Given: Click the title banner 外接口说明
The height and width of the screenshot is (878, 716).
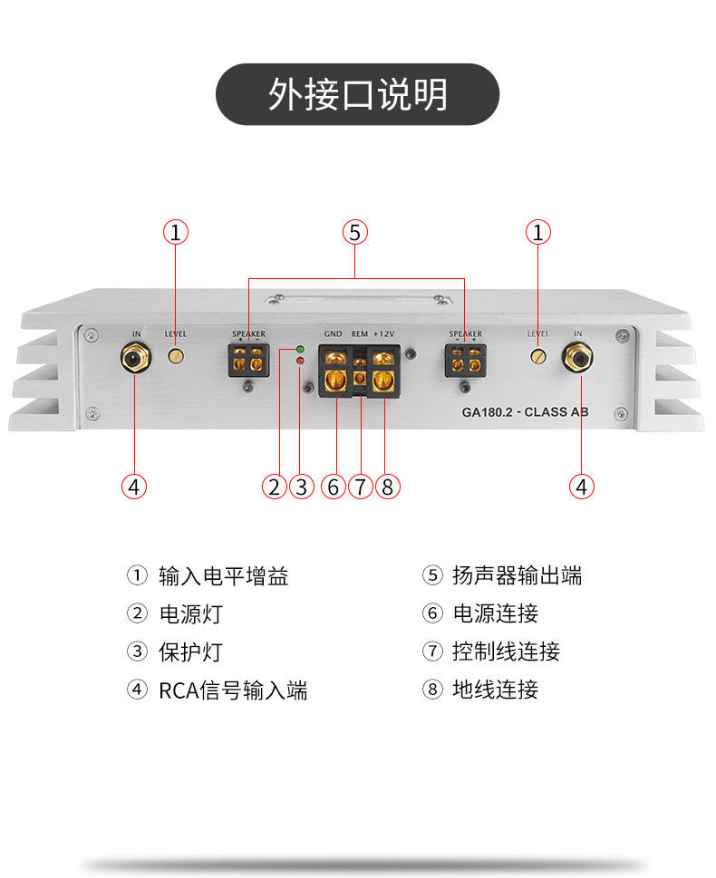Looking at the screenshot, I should pyautogui.click(x=357, y=94).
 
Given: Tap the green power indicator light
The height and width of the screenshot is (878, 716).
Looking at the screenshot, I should pyautogui.click(x=300, y=349).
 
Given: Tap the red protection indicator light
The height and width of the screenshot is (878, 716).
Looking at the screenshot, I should pyautogui.click(x=300, y=362).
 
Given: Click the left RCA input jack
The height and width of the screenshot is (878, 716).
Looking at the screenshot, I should pyautogui.click(x=135, y=360).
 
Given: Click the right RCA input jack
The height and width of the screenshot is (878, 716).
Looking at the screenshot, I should pyautogui.click(x=577, y=359).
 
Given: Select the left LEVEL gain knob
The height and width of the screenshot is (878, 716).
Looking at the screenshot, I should pyautogui.click(x=177, y=356).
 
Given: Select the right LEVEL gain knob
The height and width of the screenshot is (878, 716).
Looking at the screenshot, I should pyautogui.click(x=538, y=356).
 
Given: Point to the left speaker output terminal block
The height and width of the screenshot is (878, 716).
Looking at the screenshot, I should pyautogui.click(x=248, y=359).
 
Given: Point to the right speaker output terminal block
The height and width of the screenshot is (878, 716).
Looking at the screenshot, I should pyautogui.click(x=464, y=359).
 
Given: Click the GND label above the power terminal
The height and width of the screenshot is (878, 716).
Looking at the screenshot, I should pyautogui.click(x=333, y=334).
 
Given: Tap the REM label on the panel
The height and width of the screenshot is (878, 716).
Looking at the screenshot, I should pyautogui.click(x=360, y=334).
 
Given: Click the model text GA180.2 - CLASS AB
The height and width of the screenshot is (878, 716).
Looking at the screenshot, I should pyautogui.click(x=526, y=411).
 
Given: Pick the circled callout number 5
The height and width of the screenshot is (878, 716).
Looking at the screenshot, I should pyautogui.click(x=355, y=233).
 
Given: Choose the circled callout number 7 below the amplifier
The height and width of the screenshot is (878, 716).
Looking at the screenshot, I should pyautogui.click(x=361, y=487).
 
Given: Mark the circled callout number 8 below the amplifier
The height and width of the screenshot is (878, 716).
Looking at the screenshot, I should pyautogui.click(x=387, y=487).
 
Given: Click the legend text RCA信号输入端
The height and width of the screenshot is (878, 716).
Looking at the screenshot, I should pyautogui.click(x=233, y=690).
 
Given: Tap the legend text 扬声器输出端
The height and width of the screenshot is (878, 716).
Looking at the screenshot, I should pyautogui.click(x=517, y=575).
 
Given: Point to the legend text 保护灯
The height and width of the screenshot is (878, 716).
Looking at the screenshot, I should pyautogui.click(x=190, y=652).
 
